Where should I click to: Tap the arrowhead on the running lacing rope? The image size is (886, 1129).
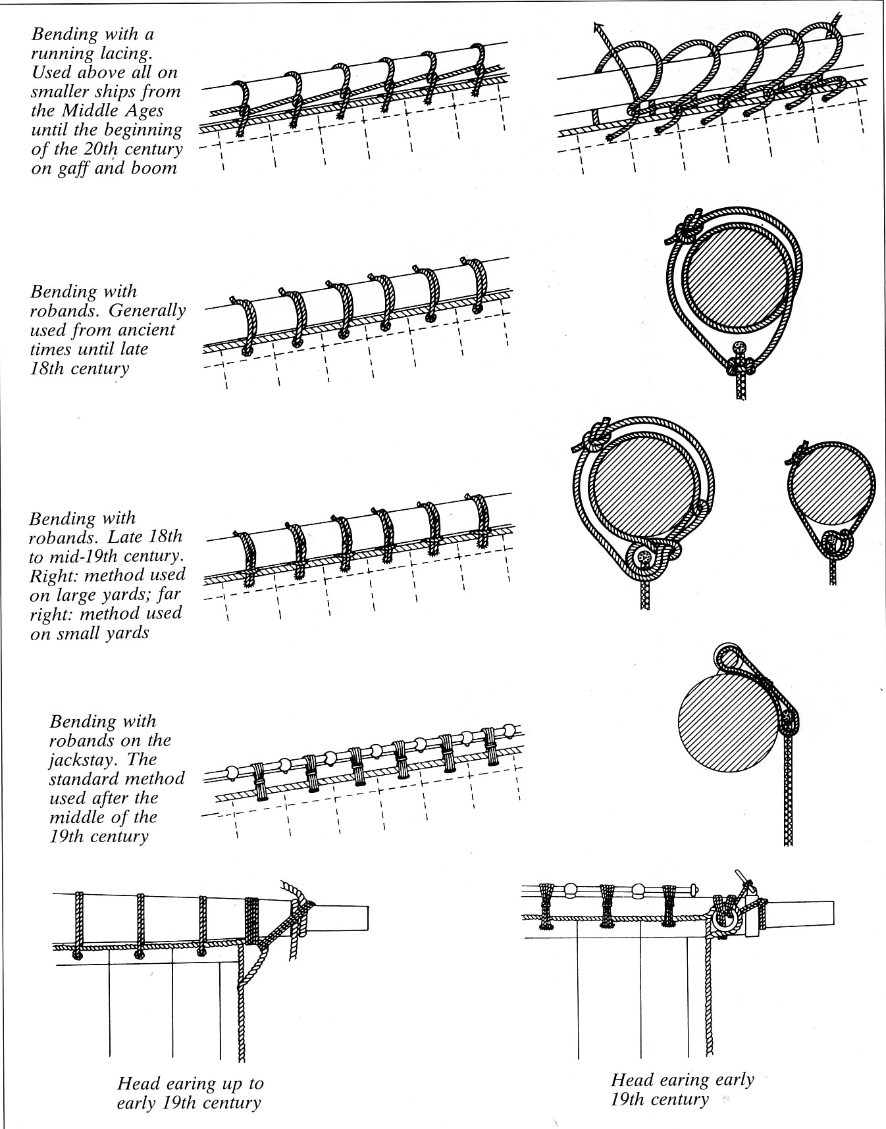(598, 28)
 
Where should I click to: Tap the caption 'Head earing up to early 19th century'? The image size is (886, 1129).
(190, 1093)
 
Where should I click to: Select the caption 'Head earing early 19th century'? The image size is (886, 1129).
(682, 1089)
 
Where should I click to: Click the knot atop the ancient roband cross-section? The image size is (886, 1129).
(686, 228)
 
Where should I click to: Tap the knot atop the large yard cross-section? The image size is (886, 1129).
(596, 435)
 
